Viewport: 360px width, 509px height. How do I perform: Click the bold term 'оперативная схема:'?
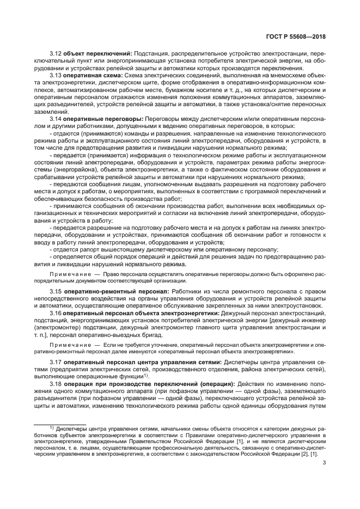[93, 75]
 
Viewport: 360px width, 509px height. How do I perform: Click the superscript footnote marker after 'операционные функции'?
[147, 375]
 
